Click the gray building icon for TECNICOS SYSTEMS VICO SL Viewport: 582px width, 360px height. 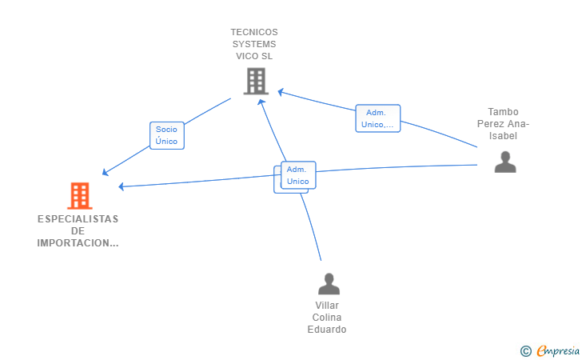[x=256, y=81]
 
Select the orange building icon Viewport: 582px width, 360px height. [x=80, y=196]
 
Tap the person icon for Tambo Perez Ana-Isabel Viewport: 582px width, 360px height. [x=505, y=162]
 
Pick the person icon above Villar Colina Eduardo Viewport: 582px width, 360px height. [x=329, y=284]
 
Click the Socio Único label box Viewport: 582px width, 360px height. [x=167, y=136]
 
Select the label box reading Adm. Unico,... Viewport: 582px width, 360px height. [x=378, y=118]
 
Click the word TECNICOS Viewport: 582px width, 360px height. [x=254, y=32]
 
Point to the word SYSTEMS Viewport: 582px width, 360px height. [x=254, y=44]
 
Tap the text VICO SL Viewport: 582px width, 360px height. [x=254, y=56]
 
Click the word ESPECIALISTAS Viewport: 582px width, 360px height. [x=78, y=219]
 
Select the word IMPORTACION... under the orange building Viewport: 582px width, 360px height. [x=78, y=243]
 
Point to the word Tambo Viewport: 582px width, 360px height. [x=503, y=112]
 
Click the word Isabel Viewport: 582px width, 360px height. [x=503, y=136]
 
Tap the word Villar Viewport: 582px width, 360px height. [x=327, y=306]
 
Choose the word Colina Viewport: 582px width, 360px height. [x=327, y=318]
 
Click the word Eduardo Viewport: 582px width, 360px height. [x=327, y=330]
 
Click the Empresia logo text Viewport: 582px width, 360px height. [x=558, y=350]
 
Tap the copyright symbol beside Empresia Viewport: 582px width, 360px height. [x=525, y=351]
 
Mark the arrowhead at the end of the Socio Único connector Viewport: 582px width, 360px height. [x=105, y=172]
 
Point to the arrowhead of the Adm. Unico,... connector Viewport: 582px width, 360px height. [x=281, y=92]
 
